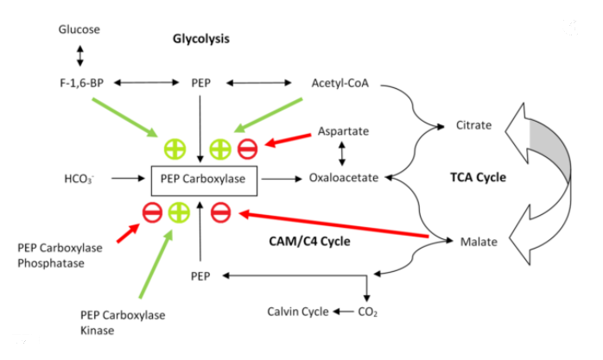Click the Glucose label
(79, 29)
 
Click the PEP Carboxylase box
(201, 179)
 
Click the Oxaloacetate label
(346, 179)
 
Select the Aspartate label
(343, 130)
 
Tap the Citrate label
(473, 126)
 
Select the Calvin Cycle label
(297, 312)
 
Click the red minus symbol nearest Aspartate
(248, 148)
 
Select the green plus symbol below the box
(179, 210)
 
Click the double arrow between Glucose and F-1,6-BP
(79, 56)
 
